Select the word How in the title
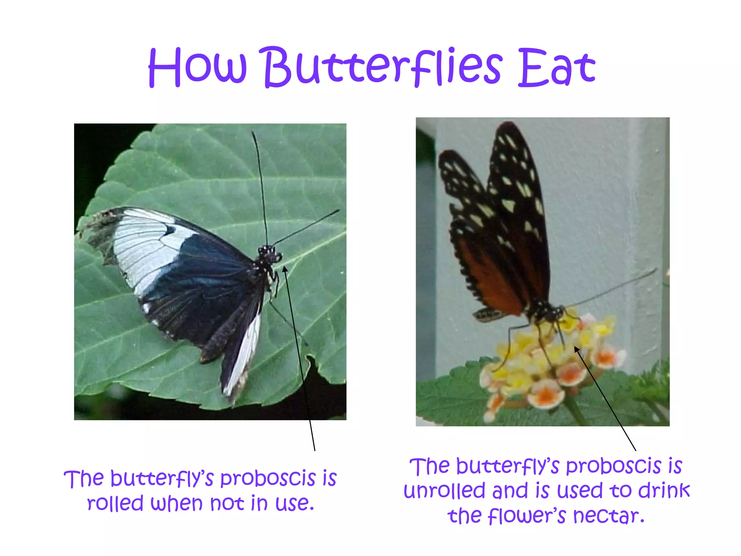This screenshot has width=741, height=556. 197,68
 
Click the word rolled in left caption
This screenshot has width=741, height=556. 115,503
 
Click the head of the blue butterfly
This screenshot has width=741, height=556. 269,253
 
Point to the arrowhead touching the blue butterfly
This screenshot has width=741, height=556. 285,269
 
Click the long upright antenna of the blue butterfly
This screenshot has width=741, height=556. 261,185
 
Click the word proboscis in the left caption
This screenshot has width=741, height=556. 268,479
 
